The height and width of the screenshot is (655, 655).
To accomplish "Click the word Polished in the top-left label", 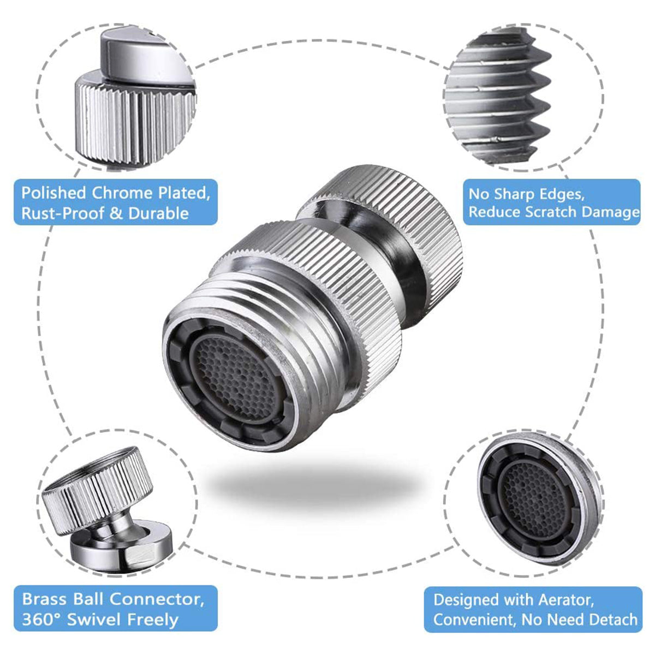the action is (x=53, y=194).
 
